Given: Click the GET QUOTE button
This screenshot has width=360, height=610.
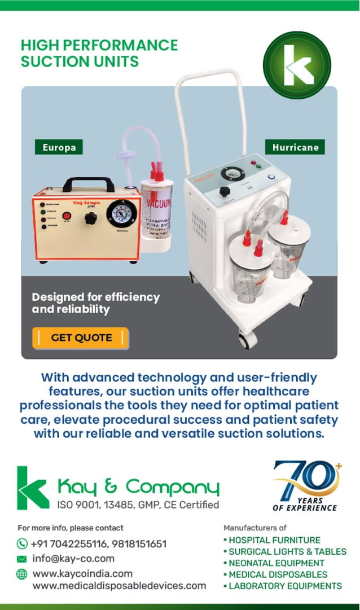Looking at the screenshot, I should [x=81, y=337].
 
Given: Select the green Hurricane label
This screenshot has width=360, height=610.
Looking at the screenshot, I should [x=295, y=147].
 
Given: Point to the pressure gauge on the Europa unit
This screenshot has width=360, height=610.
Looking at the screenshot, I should [x=122, y=214].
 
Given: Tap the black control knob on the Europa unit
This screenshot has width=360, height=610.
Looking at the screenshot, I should [x=90, y=218].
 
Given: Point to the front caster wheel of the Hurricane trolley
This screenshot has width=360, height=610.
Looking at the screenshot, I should [x=246, y=340].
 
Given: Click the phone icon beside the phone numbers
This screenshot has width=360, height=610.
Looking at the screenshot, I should [x=22, y=544].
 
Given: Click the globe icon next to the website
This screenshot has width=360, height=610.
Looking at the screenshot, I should [x=22, y=574].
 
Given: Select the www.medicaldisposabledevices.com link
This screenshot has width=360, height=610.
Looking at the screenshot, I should [x=119, y=586].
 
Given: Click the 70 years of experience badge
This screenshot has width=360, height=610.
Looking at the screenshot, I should [x=305, y=486].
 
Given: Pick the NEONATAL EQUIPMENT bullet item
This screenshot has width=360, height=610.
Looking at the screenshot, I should [x=276, y=563].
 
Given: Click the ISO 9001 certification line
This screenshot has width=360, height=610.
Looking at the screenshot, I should [x=138, y=504].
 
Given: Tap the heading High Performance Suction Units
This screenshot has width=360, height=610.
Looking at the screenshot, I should [x=99, y=53].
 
